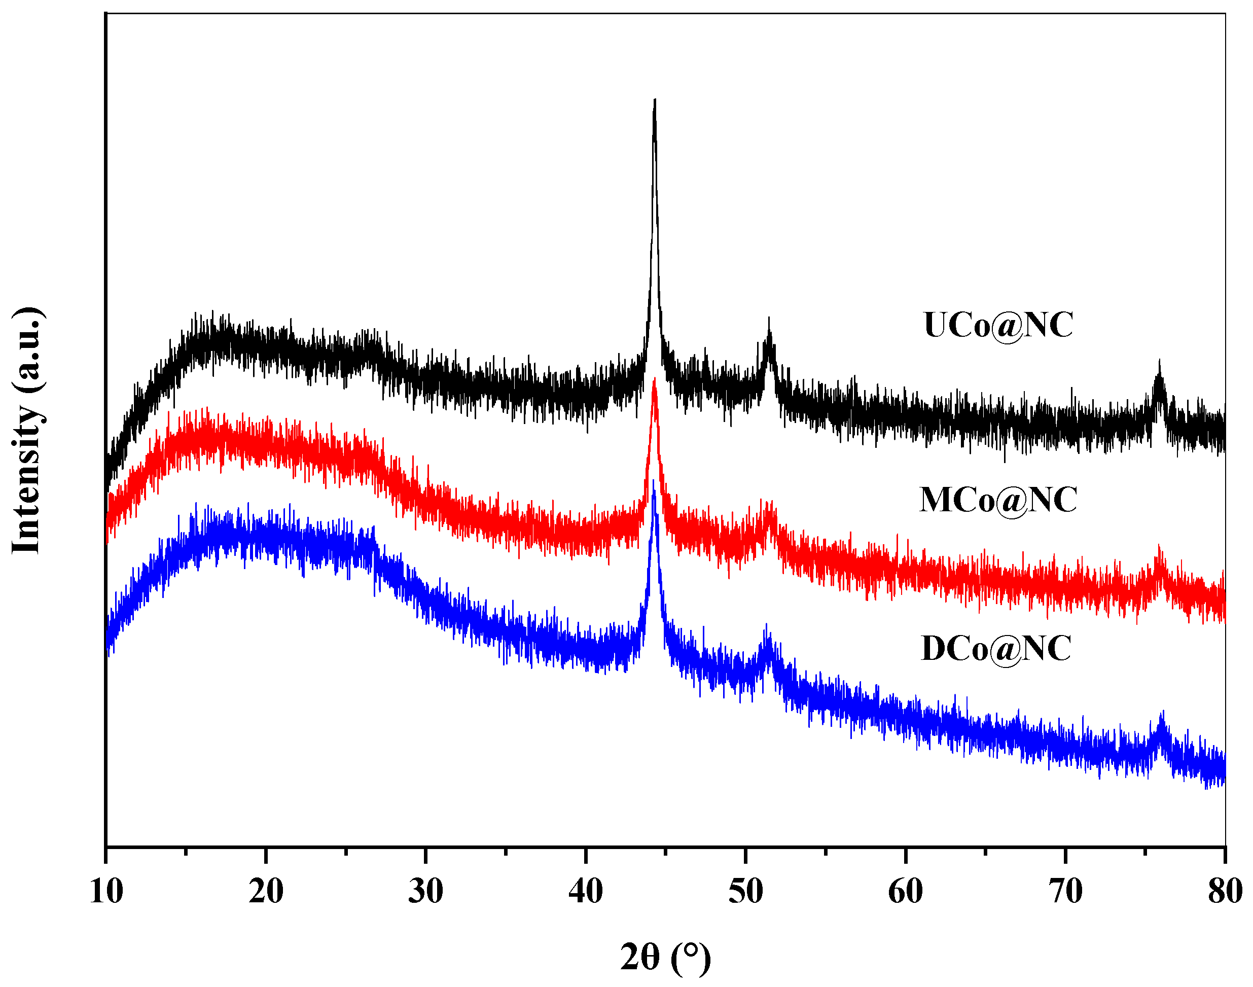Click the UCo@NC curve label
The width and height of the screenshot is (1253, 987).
tap(998, 325)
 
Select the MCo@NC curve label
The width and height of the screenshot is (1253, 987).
tap(998, 500)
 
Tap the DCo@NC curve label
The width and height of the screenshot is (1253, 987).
tap(996, 648)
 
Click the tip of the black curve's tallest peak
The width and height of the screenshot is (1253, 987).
tap(655, 100)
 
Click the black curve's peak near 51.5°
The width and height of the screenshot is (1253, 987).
tap(769, 319)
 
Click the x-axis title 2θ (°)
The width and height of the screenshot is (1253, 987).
tap(665, 958)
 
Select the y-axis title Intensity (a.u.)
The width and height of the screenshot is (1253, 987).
tap(27, 431)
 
